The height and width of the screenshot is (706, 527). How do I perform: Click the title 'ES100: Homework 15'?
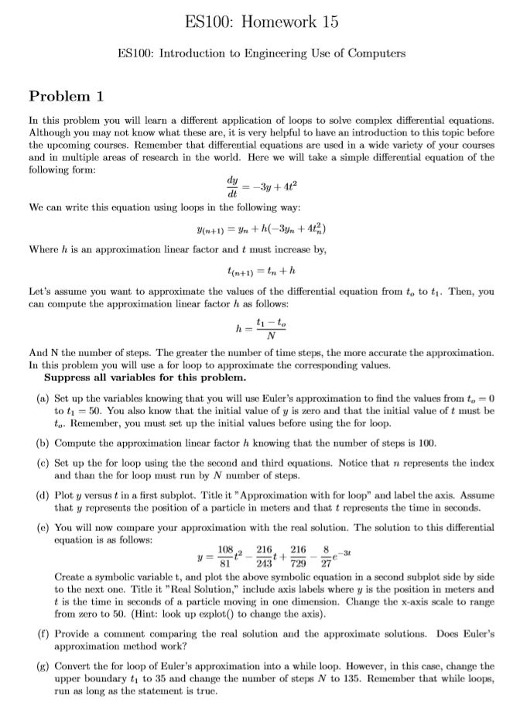[x=262, y=22]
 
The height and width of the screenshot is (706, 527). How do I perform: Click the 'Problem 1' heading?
[x=66, y=96]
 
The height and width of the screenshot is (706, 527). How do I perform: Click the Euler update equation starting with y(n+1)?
[x=262, y=228]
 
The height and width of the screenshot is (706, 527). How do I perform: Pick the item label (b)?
[x=43, y=444]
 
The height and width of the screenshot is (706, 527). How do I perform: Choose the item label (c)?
[x=43, y=463]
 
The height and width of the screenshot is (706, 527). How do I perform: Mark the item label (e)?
[x=43, y=526]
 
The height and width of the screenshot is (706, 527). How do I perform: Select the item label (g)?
[x=43, y=666]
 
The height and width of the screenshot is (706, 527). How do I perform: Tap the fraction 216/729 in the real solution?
[x=298, y=558]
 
